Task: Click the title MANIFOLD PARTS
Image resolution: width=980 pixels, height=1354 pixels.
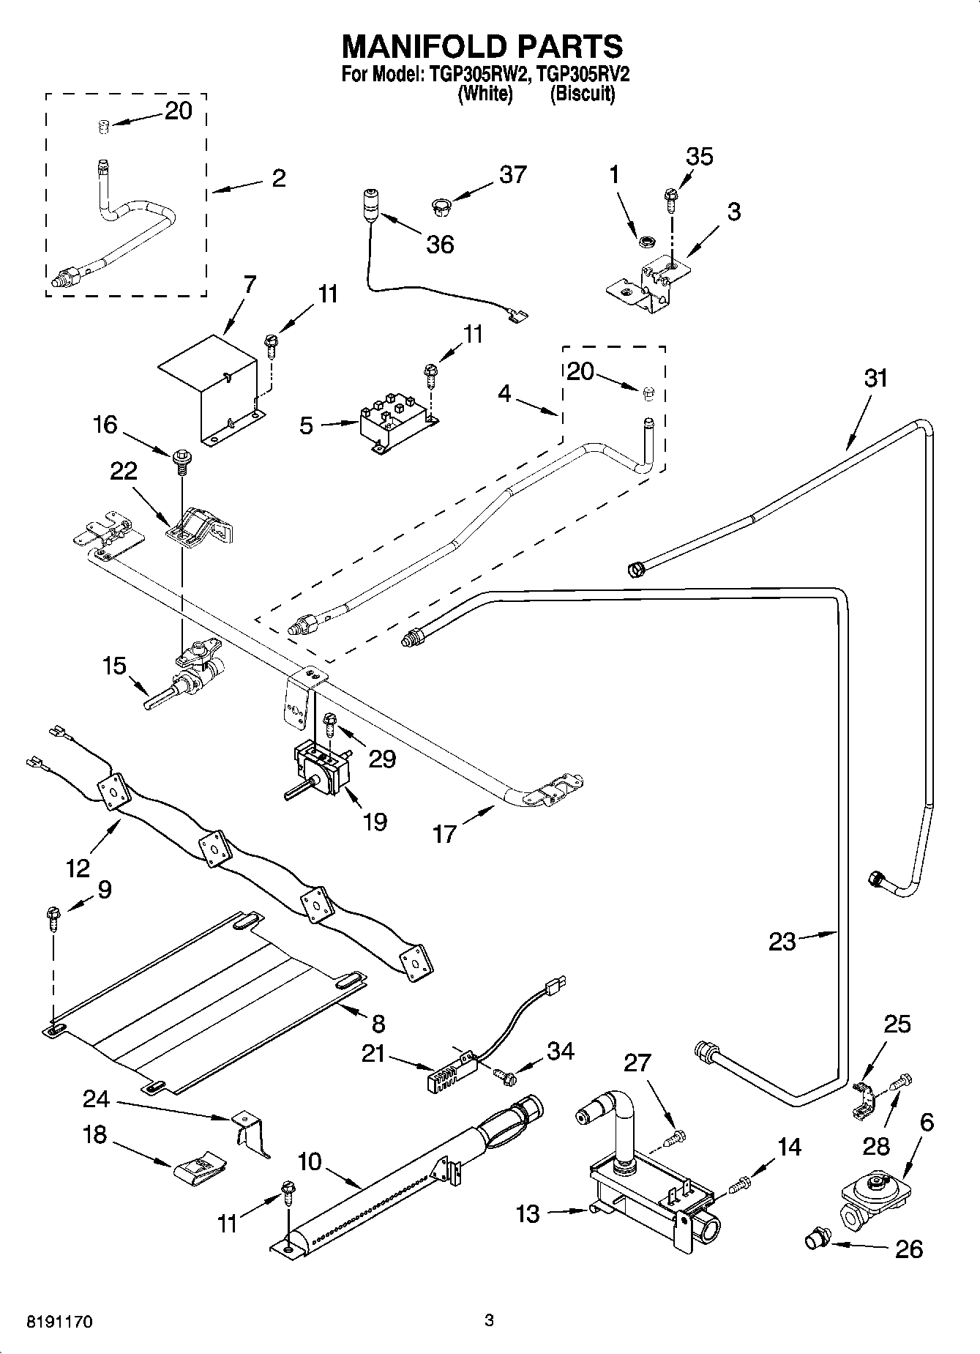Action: point(482,46)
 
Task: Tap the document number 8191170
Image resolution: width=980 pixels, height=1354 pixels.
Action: point(59,1321)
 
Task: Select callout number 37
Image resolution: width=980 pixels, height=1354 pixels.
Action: point(512,175)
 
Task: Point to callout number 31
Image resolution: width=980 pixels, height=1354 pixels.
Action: point(875,379)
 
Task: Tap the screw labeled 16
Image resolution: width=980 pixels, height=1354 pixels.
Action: point(180,460)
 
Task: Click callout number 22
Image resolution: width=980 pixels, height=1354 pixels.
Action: point(123,471)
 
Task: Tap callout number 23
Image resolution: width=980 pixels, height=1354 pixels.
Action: point(782,941)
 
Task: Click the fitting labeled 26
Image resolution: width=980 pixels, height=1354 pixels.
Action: point(816,1239)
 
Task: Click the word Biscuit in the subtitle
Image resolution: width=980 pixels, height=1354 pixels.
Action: point(582,94)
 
